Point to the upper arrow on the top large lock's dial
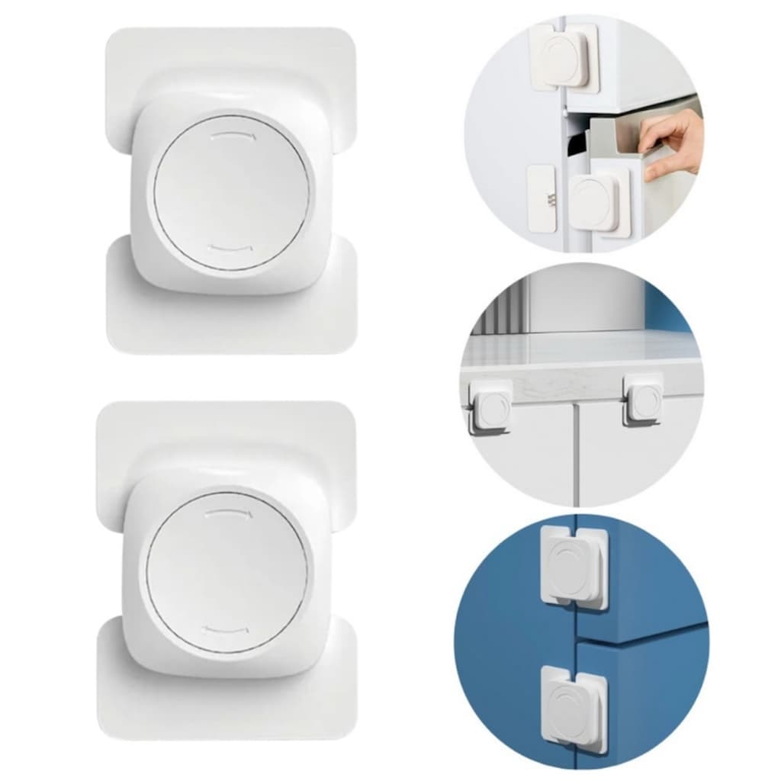pyautogui.click(x=232, y=136)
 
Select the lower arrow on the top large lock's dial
pyautogui.click(x=230, y=247)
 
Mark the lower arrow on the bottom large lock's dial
pyautogui.click(x=226, y=629)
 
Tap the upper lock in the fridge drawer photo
pyautogui.click(x=564, y=57)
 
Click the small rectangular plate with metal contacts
pyautogui.click(x=542, y=198)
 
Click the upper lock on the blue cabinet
pyautogui.click(x=574, y=569)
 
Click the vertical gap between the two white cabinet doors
pyautogui.click(x=576, y=458)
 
